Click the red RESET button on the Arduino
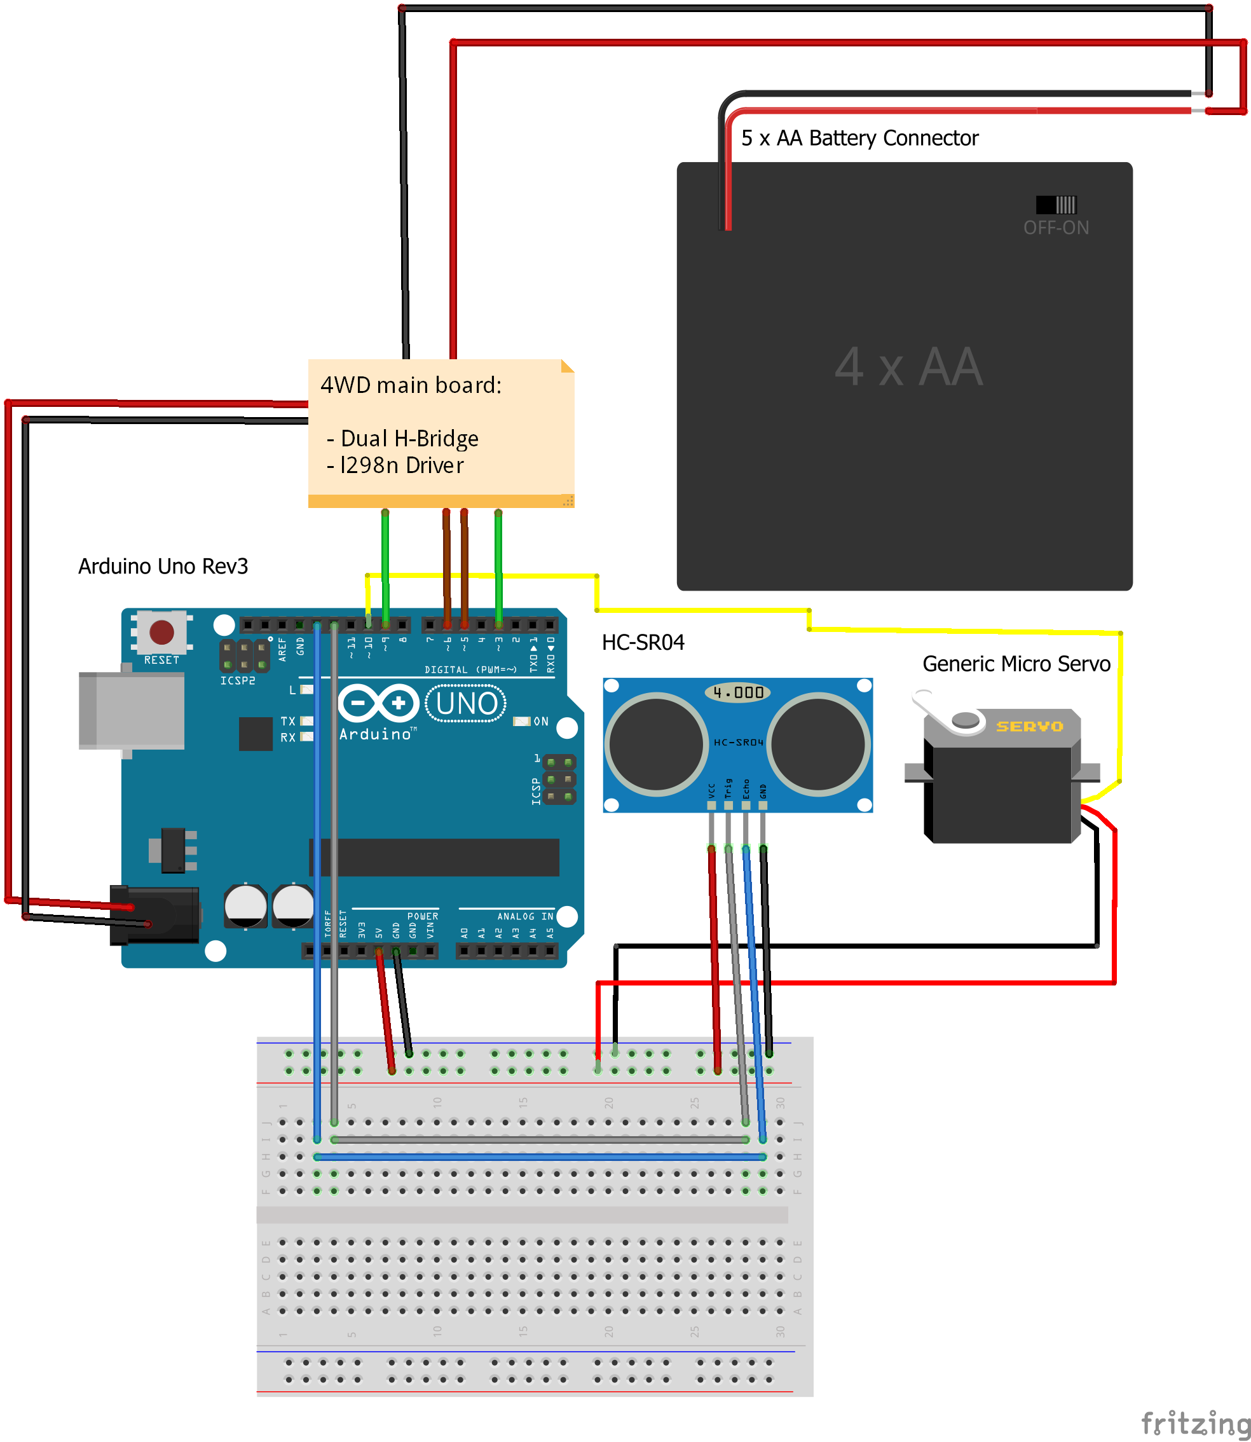coord(162,632)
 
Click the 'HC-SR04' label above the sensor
coord(643,642)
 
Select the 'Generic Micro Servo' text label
coord(1016,663)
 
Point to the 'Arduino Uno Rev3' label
coord(163,566)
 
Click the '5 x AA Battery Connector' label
coord(859,138)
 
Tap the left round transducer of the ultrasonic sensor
coord(656,744)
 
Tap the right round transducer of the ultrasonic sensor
coord(818,744)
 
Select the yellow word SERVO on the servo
coord(1029,726)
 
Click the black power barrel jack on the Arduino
coord(155,915)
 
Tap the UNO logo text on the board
coord(467,703)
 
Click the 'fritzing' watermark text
coord(1194,1422)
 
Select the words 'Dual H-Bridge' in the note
coord(409,439)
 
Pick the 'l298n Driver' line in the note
coord(401,465)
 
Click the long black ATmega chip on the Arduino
coord(434,857)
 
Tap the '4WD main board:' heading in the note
coord(411,385)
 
